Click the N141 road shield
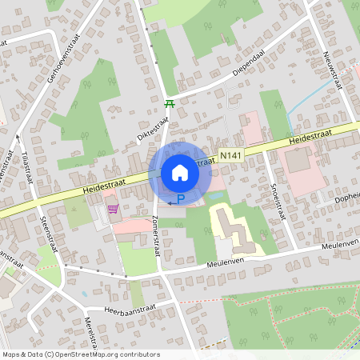(230, 151)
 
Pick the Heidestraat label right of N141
(310, 137)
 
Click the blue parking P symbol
(181, 199)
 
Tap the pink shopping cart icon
(113, 210)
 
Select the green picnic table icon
(169, 103)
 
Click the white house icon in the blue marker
(179, 172)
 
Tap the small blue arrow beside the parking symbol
(170, 204)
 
